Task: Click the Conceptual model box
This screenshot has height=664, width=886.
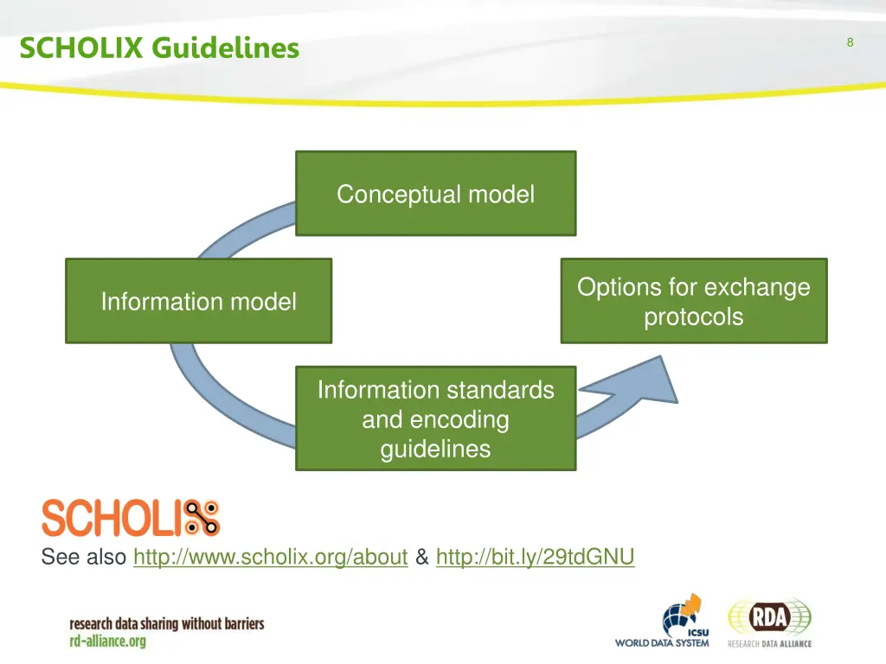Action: (x=435, y=194)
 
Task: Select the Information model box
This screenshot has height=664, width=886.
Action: (x=198, y=301)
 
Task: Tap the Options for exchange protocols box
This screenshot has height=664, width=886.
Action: (x=693, y=301)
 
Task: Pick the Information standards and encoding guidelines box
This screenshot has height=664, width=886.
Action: (x=435, y=419)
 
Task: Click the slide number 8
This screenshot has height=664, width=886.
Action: (x=850, y=42)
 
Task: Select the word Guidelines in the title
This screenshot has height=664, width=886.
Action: (x=225, y=48)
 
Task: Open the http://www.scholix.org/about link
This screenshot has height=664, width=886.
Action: (x=271, y=558)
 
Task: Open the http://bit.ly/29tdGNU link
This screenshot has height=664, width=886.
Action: (x=536, y=558)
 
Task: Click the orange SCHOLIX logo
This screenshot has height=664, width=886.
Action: (x=131, y=518)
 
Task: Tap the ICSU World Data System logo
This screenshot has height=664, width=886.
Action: (x=663, y=622)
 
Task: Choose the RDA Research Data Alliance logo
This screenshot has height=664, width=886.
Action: (x=769, y=622)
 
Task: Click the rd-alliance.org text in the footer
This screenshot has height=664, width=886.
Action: (x=108, y=642)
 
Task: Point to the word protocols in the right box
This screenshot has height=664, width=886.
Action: (x=693, y=316)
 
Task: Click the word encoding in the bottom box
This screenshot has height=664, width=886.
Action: (x=435, y=420)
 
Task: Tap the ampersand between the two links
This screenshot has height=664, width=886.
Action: (x=422, y=558)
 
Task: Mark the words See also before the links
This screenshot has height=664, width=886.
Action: (x=84, y=558)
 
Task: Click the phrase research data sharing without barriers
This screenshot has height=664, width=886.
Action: (x=167, y=623)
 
